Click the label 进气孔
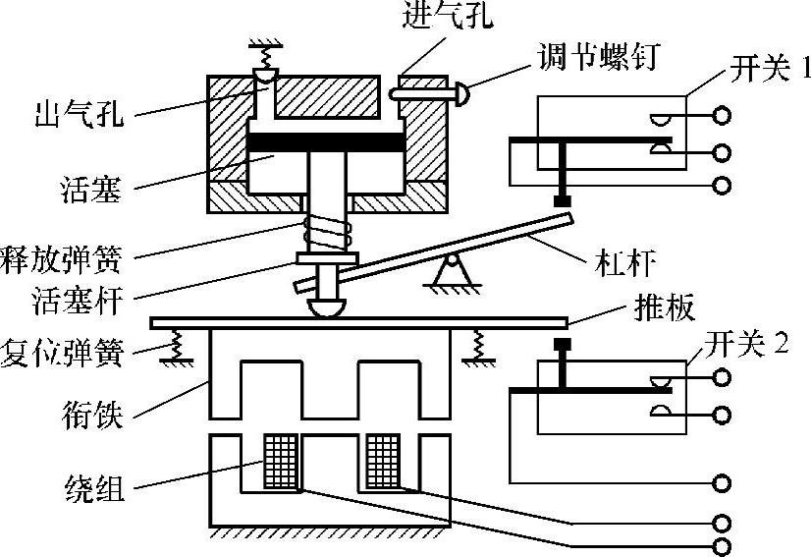point(438,18)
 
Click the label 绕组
point(94,488)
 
